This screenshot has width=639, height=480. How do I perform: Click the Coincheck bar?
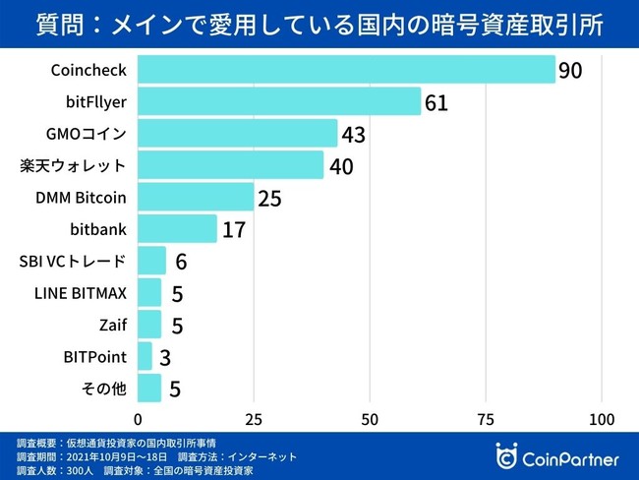pos(346,70)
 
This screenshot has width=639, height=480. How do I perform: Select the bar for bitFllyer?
pos(279,101)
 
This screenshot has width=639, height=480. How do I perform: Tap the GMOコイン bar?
pos(237,133)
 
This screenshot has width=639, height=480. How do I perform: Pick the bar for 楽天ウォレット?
pos(230,165)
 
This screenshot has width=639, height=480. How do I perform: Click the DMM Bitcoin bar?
pos(196,197)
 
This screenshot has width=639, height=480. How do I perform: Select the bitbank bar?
pos(177,229)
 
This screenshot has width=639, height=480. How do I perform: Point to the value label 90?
pos(572,71)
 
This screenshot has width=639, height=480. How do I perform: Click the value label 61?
pos(436,102)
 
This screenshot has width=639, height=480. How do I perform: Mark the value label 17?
pos(234,230)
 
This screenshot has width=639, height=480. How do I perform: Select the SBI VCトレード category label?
pos(73,261)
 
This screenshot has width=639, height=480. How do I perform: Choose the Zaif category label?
pos(112,325)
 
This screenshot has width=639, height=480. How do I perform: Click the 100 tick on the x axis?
pos(601,418)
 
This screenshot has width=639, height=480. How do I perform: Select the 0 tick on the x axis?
pos(139,418)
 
